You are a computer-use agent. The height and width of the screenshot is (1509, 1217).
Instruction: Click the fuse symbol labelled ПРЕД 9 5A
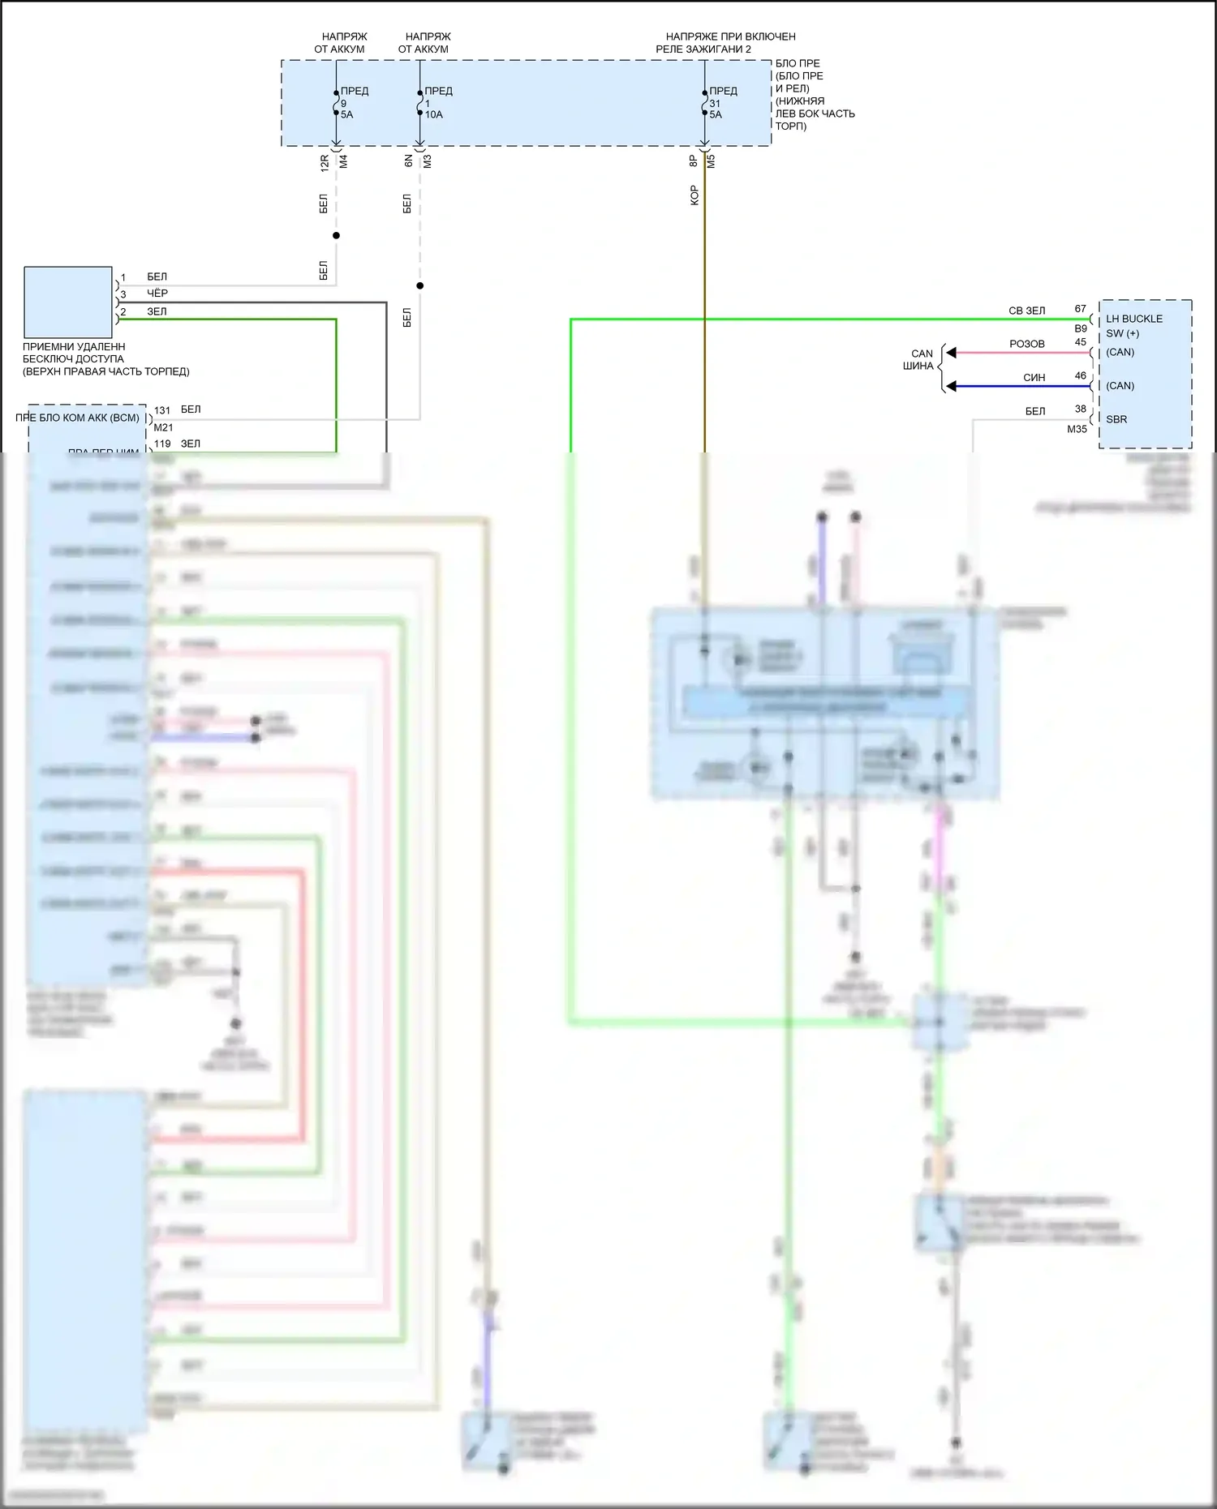(x=336, y=103)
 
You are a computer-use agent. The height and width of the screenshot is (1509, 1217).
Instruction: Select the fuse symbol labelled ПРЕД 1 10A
(x=419, y=103)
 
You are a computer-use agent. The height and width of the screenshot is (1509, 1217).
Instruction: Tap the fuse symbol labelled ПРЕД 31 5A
(x=704, y=103)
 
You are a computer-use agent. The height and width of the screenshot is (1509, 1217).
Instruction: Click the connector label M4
(x=343, y=162)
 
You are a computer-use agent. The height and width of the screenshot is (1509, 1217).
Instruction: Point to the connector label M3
(x=428, y=162)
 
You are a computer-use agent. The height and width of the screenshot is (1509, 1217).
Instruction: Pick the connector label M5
(x=712, y=161)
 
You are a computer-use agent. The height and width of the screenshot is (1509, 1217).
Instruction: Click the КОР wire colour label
(x=694, y=195)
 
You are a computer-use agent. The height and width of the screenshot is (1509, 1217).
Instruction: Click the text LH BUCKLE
(x=1133, y=319)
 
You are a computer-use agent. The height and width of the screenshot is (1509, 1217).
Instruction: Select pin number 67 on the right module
(x=1080, y=309)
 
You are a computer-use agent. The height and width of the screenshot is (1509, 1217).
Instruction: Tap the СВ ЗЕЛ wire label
(x=1026, y=311)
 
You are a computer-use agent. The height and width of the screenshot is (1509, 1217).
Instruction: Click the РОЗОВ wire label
(x=1026, y=344)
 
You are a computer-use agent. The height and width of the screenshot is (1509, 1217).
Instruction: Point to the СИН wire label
(x=1034, y=378)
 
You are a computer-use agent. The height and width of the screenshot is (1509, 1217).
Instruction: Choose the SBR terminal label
(x=1116, y=419)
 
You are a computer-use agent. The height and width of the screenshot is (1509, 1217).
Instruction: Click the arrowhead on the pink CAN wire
(x=952, y=353)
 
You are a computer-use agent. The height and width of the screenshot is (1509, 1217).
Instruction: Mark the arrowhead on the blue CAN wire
(x=952, y=387)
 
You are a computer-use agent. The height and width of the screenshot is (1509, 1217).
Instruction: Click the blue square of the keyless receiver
(x=68, y=302)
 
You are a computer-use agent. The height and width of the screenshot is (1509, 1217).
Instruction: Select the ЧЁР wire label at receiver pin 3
(x=157, y=293)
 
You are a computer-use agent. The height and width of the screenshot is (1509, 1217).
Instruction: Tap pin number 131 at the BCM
(x=162, y=410)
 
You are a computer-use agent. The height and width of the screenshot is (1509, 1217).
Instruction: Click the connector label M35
(x=1077, y=429)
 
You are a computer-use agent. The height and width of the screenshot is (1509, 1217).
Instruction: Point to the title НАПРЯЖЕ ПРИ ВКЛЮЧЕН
(x=730, y=36)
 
